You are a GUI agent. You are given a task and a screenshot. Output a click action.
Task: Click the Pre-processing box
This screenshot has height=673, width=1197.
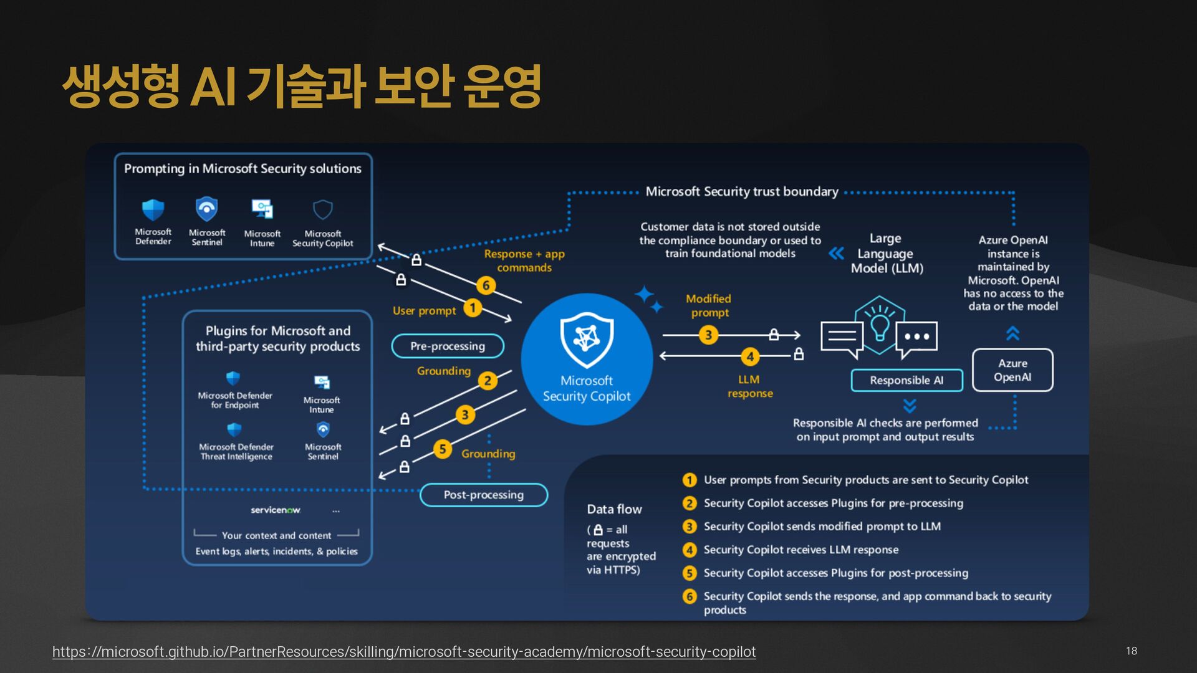pos(448,346)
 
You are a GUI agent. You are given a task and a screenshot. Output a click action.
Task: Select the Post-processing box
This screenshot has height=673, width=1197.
pos(484,495)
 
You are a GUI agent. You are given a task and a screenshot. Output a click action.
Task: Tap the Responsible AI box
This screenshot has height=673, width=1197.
pos(906,380)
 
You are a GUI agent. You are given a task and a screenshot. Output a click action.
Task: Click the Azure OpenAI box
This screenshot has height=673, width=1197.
pos(1012,370)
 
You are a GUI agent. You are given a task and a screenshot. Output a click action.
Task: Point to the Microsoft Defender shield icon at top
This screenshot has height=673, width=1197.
pos(153,210)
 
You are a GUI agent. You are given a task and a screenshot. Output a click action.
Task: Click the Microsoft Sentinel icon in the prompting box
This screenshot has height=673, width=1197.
pos(207,209)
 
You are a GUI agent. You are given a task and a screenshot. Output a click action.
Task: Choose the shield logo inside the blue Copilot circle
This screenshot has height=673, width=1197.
pos(587,340)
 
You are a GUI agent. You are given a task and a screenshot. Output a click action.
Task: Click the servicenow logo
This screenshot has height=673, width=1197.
pos(276,510)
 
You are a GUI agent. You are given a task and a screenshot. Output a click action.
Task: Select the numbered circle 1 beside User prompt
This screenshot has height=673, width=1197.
pos(473,308)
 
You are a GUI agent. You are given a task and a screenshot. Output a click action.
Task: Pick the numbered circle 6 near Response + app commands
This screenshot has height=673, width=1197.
pos(486,285)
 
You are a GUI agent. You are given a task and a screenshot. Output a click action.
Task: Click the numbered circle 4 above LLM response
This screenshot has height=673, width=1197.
pos(750,356)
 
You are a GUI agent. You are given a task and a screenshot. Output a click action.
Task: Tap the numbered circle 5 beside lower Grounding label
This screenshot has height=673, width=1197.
pos(443,449)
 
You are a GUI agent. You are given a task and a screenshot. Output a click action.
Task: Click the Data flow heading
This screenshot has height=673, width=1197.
pos(614,509)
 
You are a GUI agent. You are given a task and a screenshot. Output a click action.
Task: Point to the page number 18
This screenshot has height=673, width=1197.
pos(1132,651)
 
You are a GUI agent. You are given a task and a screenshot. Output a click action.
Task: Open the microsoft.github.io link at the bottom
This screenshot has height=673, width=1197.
pos(404,652)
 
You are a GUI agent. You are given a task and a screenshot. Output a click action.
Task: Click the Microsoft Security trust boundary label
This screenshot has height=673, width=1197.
pos(742,191)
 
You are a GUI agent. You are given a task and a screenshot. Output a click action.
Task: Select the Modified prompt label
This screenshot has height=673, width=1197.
pos(709,305)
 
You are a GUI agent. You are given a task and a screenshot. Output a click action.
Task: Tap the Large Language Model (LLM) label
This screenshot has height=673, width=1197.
pos(887,253)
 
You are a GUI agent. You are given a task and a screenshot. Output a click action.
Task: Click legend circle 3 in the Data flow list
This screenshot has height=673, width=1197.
pos(690,527)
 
